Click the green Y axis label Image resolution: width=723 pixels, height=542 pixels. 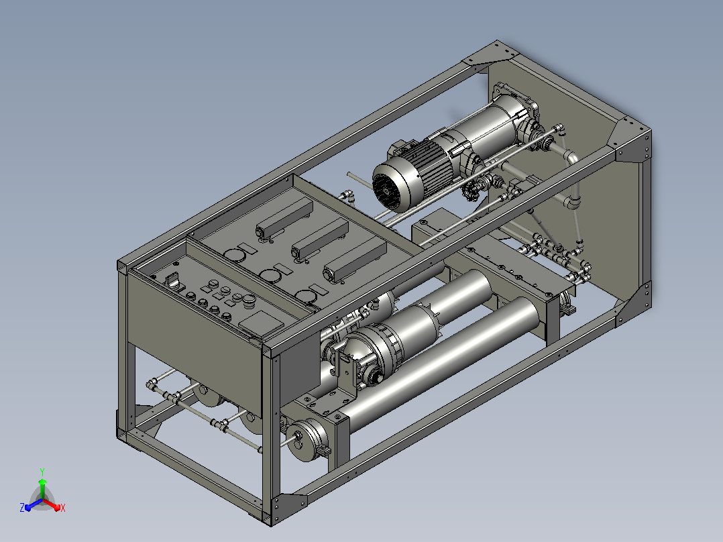pyautogui.click(x=42, y=472)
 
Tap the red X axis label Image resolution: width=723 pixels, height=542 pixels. pyautogui.click(x=63, y=508)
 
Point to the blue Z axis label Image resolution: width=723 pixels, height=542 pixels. pyautogui.click(x=22, y=508)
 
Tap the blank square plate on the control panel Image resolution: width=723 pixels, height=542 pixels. pyautogui.click(x=262, y=322)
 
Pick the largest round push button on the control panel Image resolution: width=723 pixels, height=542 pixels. pyautogui.click(x=249, y=300)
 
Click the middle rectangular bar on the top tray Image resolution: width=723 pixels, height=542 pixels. pyautogui.click(x=319, y=239)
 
